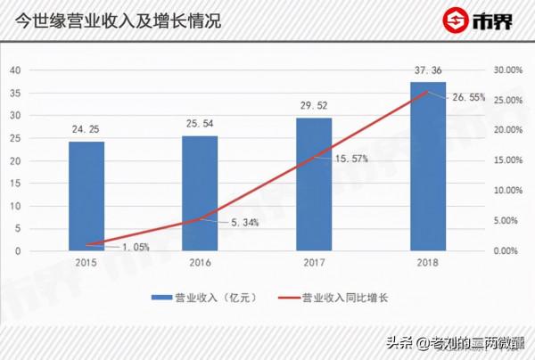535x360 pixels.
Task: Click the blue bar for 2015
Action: point(86,196)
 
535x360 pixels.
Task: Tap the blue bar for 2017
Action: point(314,184)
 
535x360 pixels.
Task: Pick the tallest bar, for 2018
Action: point(427,166)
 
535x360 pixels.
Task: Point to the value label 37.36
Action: point(427,70)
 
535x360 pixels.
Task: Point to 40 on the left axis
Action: point(15,70)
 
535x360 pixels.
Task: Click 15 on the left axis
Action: point(15,184)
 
